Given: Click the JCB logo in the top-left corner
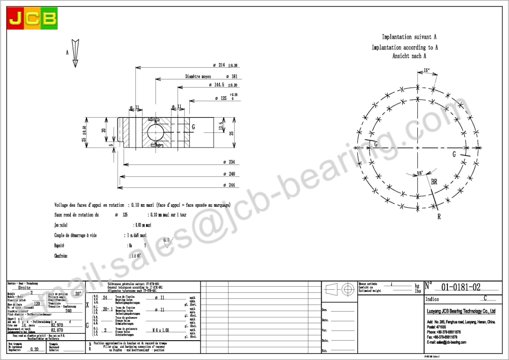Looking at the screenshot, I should point(32,19).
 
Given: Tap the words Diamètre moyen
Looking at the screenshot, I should point(199,76).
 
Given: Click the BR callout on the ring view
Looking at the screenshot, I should point(434,182).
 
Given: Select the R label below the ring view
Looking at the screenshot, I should point(438,216).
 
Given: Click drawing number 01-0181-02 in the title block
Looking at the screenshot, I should point(460,287).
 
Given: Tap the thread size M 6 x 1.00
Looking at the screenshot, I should point(162,330).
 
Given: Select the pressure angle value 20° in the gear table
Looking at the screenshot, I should point(77,294).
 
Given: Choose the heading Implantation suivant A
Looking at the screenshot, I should point(409,37).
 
